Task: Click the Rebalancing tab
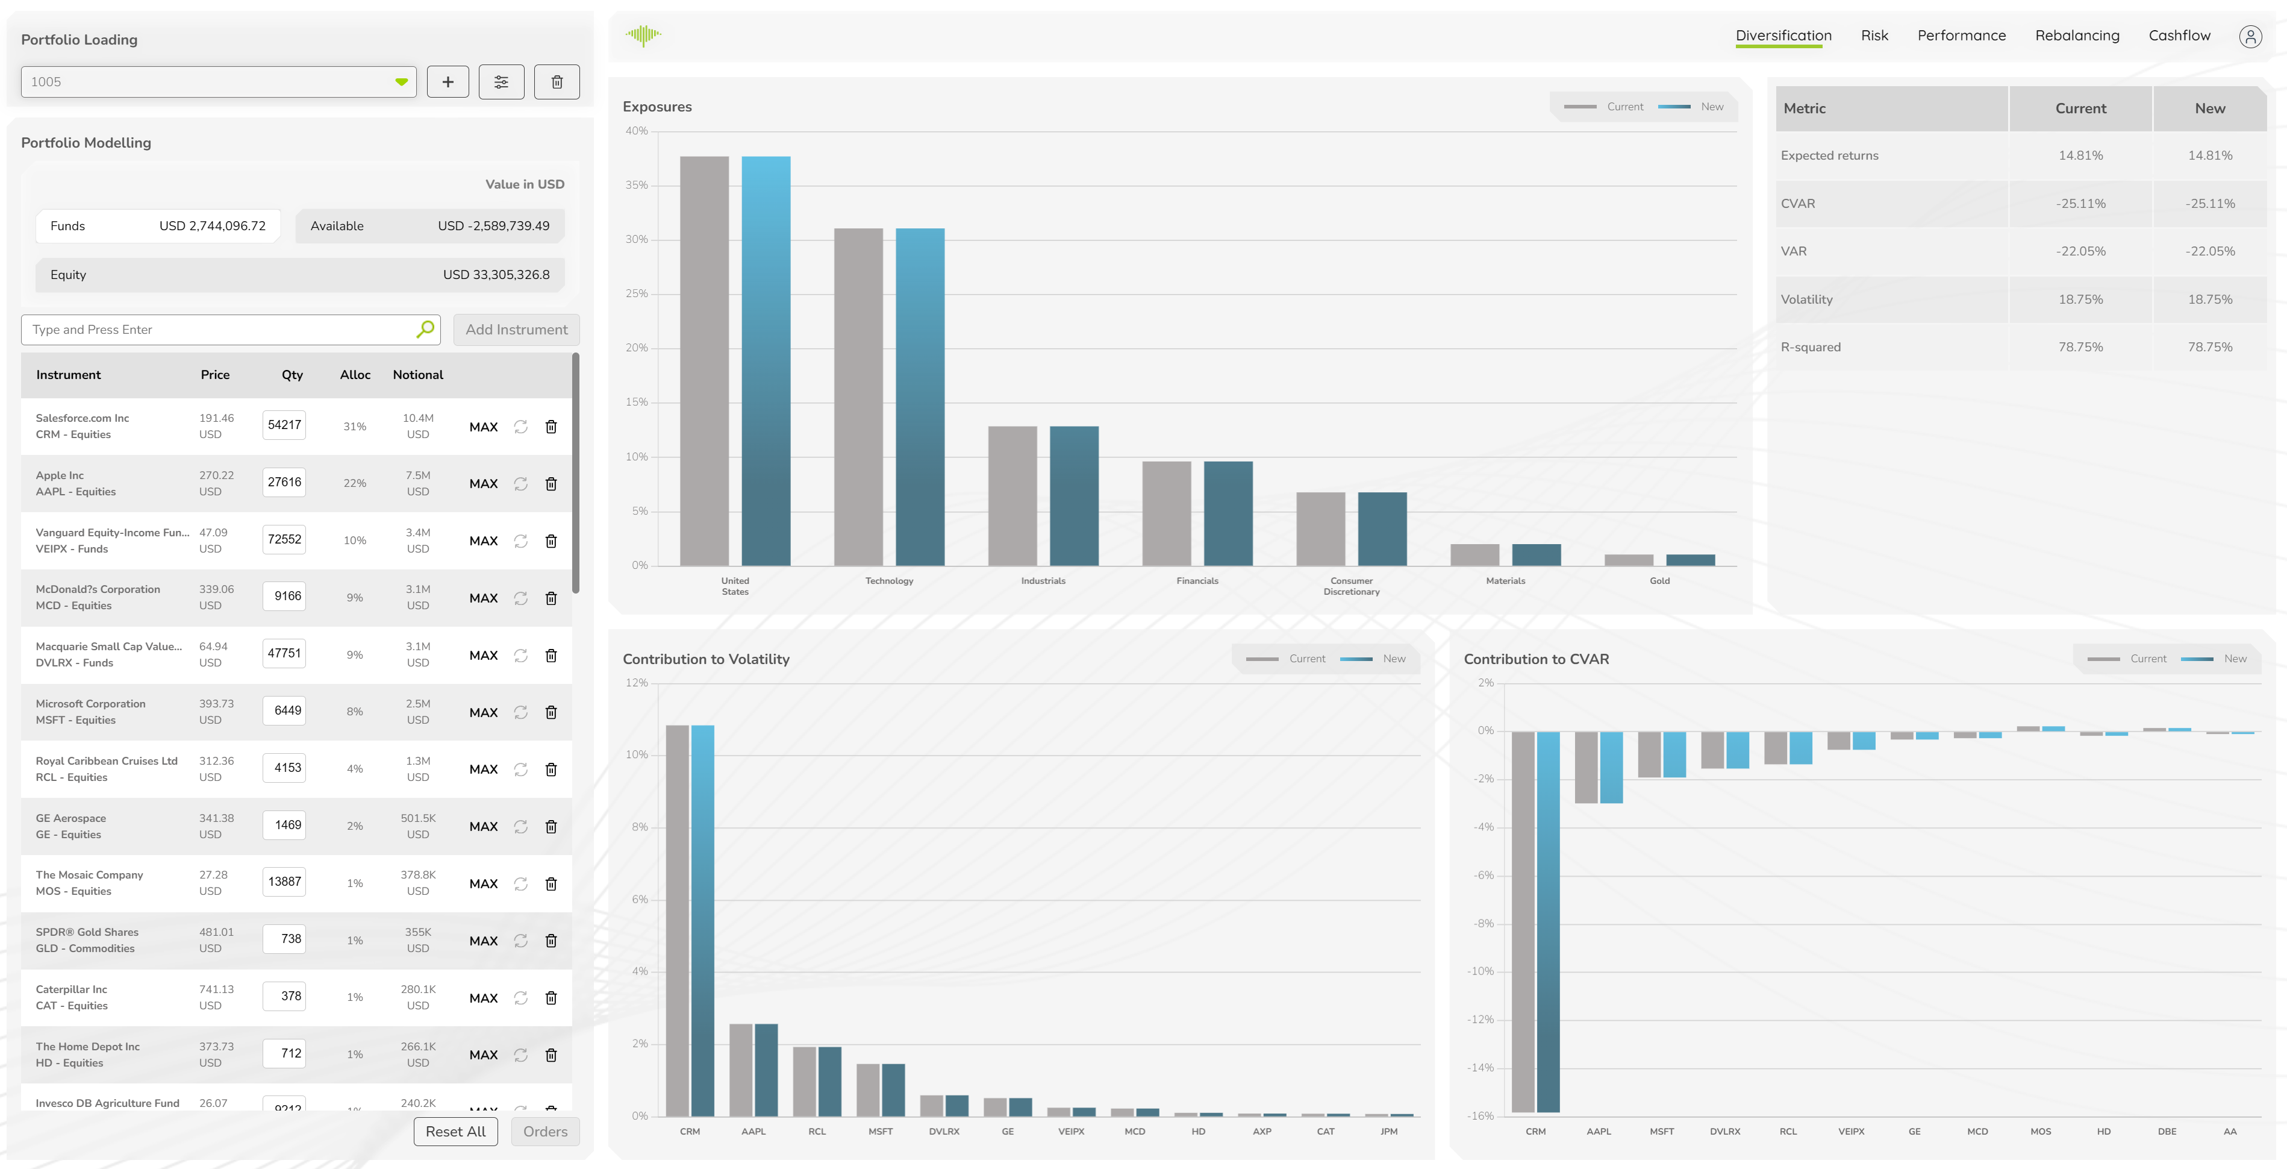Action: pyautogui.click(x=2077, y=36)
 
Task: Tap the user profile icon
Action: pyautogui.click(x=2250, y=36)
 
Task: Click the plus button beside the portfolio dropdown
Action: pyautogui.click(x=448, y=82)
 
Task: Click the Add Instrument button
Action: pyautogui.click(x=516, y=330)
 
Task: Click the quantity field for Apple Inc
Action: pyautogui.click(x=284, y=482)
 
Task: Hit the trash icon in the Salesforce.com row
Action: pyautogui.click(x=551, y=427)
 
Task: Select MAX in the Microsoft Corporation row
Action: pyautogui.click(x=483, y=712)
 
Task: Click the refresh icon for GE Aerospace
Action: pyautogui.click(x=520, y=827)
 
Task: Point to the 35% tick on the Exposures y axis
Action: pyautogui.click(x=637, y=186)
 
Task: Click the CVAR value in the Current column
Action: pyautogui.click(x=2080, y=204)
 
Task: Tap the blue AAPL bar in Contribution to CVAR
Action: pyautogui.click(x=1611, y=768)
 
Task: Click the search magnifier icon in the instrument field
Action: pyautogui.click(x=425, y=330)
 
